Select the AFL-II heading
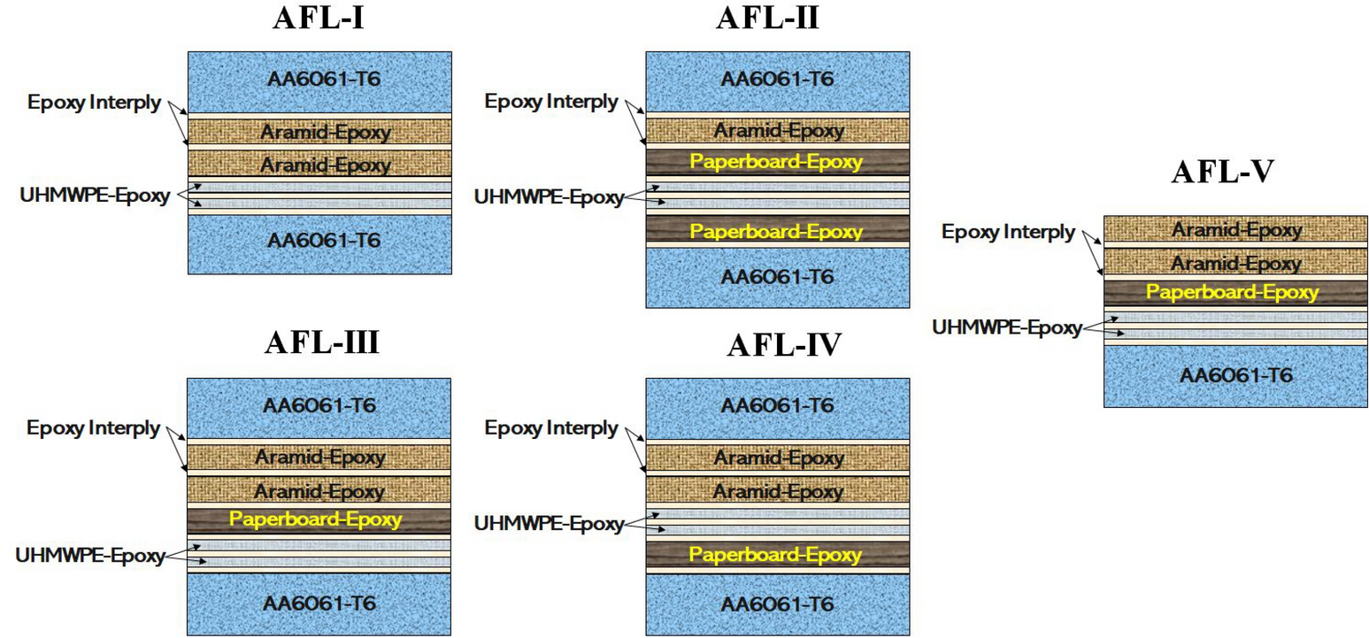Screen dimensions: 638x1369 coord(767,17)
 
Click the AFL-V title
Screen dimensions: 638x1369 coord(1222,172)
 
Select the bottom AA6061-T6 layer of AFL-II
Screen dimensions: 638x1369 coord(778,276)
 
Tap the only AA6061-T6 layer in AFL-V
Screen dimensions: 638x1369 coord(1235,374)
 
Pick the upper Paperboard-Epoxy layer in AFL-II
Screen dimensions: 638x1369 coord(776,162)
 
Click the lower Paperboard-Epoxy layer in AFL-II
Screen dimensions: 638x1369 coord(776,231)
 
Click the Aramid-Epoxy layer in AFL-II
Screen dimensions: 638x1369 coord(778,131)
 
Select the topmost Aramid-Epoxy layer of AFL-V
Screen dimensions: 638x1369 coord(1235,230)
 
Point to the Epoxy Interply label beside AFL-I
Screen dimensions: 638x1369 coord(94,102)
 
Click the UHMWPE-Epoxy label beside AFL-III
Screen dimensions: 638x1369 coord(89,556)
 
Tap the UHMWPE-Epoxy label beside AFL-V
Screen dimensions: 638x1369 coord(1006,327)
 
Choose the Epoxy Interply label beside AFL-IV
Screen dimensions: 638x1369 coord(551,428)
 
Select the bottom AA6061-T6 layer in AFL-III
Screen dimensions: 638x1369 coord(319,603)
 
